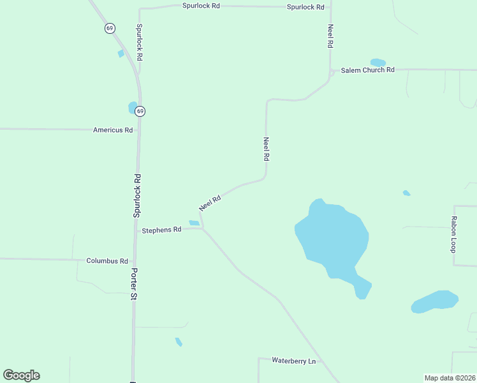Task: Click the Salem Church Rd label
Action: (x=368, y=70)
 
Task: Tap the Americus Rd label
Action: (x=113, y=130)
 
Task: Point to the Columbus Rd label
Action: (x=107, y=261)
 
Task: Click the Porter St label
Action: (x=134, y=284)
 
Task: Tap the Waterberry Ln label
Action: (x=294, y=361)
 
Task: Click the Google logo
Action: (x=21, y=375)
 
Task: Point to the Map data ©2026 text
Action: (x=450, y=378)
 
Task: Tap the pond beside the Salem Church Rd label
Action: (x=378, y=63)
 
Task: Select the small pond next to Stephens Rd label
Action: (x=194, y=223)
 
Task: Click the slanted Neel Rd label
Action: (x=210, y=203)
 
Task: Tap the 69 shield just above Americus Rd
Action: (x=140, y=111)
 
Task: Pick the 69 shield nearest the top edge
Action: (x=110, y=28)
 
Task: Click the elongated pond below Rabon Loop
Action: (x=434, y=301)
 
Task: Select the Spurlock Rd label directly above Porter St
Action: (x=136, y=195)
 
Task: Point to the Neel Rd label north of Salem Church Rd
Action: (x=330, y=36)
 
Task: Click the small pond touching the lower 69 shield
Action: (x=132, y=107)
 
